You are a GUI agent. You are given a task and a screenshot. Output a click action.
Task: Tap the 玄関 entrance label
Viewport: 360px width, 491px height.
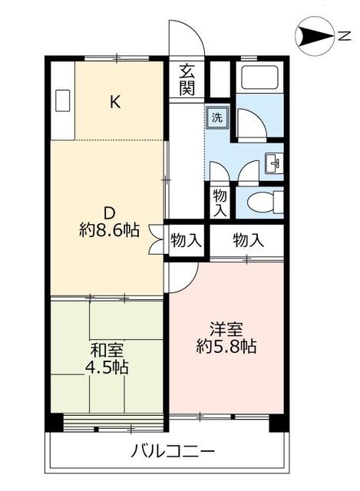tap(187, 79)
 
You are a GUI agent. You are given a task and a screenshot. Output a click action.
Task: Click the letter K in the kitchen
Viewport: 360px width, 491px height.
tap(114, 102)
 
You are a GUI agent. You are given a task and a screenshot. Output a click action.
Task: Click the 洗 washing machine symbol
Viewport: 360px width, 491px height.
tap(216, 118)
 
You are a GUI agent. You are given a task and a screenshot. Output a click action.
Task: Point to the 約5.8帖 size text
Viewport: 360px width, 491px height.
tap(226, 347)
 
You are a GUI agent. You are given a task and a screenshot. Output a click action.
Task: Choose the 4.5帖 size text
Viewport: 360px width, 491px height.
tap(107, 367)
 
